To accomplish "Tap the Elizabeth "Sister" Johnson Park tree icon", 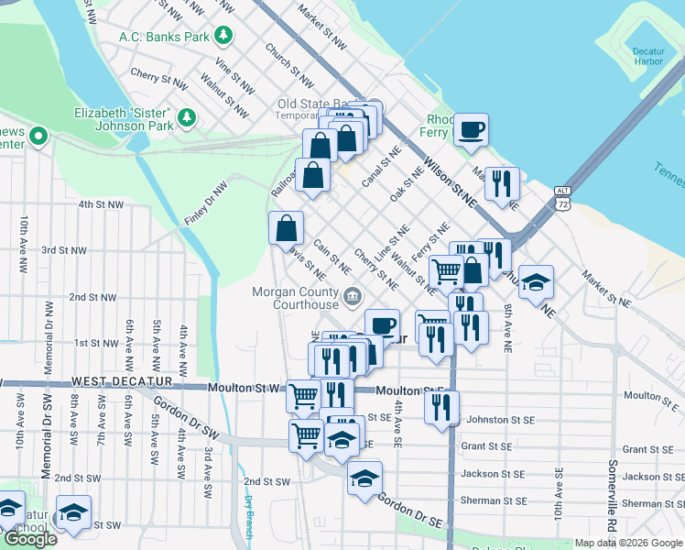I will (x=187, y=117).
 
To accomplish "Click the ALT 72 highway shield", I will (x=561, y=198).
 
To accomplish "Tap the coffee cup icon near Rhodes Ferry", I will (x=471, y=130).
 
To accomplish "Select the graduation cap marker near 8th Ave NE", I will (x=537, y=282).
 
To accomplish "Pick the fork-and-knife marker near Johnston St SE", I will (x=442, y=408).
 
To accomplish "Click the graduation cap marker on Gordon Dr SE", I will (x=364, y=478).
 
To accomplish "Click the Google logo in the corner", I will (x=29, y=539).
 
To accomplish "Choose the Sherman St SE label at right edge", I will (x=654, y=503).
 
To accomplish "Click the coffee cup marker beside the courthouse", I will (x=382, y=325).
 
